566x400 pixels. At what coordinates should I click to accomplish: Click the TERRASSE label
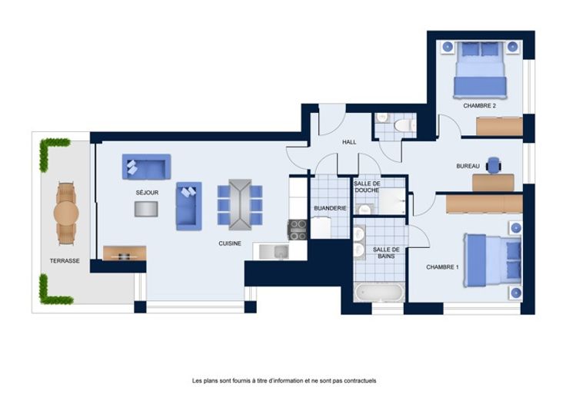[65, 260]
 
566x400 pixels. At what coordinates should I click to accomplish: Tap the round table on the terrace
[66, 213]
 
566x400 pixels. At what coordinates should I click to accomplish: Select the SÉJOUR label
[148, 193]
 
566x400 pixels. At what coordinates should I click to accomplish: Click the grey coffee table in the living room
[146, 209]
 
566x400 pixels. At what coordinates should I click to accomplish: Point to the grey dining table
[240, 205]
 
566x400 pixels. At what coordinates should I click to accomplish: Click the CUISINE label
[230, 243]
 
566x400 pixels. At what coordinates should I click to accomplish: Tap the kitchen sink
[274, 252]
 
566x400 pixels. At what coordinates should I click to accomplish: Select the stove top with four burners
[298, 230]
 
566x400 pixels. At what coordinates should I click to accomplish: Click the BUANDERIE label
[330, 208]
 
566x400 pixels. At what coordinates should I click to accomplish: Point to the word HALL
[349, 142]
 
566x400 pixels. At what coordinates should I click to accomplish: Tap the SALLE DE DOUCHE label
[367, 187]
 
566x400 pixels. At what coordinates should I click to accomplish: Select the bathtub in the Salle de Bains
[378, 293]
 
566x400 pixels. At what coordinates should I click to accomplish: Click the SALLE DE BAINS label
[386, 253]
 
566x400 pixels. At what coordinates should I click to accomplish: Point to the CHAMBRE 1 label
[442, 267]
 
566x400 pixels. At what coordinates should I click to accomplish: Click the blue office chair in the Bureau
[494, 165]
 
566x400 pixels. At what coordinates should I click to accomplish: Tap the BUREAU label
[468, 166]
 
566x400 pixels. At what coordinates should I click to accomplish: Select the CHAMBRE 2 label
[479, 106]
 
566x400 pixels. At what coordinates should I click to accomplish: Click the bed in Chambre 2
[480, 70]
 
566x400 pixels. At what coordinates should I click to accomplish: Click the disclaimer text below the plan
[284, 381]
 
